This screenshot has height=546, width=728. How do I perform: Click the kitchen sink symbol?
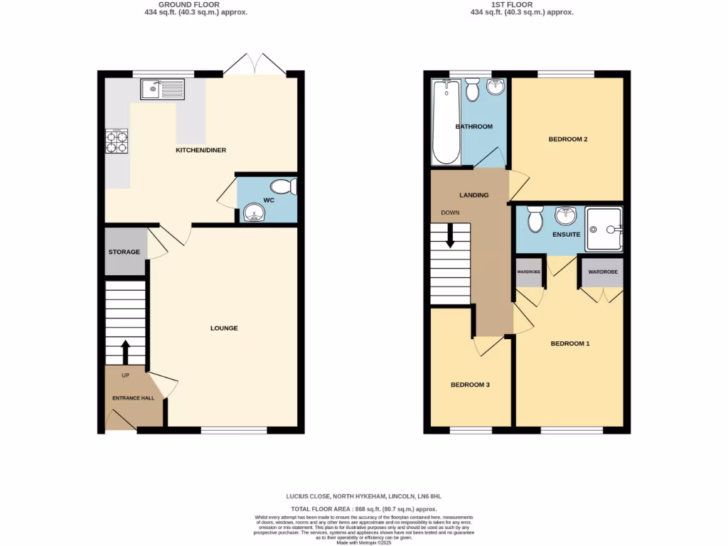point(163,90)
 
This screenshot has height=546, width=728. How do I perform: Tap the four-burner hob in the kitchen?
point(117,141)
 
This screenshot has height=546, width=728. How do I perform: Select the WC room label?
point(269,200)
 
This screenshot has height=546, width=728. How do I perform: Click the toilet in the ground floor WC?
point(285,187)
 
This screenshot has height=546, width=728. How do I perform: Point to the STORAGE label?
point(124,252)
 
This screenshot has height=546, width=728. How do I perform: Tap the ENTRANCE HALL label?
point(133,398)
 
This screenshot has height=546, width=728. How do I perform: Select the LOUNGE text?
point(223,328)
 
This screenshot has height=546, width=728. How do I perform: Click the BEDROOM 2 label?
point(567,139)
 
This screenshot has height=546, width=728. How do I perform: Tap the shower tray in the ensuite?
point(603,229)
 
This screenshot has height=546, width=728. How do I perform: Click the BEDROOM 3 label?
point(470,385)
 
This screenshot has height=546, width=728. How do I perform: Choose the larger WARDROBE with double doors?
point(603,272)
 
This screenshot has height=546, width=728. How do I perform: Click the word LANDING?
point(473,195)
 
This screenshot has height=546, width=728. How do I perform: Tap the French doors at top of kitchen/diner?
point(255,66)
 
